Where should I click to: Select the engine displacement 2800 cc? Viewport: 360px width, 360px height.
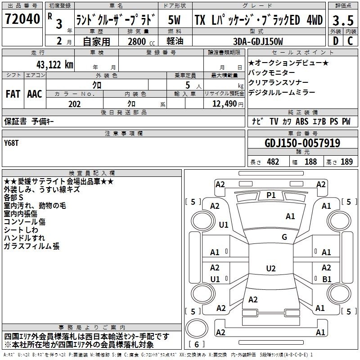pos(138,41)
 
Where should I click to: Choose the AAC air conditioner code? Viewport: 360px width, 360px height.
pos(35,94)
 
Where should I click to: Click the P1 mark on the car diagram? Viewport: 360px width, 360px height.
pos(271,195)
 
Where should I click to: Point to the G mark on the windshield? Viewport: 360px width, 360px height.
pos(284,237)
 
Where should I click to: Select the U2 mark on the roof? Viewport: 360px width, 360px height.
pos(270,269)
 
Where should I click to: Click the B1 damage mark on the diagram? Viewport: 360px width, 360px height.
pos(327,279)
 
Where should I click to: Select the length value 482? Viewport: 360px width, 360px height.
pos(272,162)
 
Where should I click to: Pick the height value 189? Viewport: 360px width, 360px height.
pos(346,162)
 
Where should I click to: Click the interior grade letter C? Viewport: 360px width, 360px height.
pos(350,41)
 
